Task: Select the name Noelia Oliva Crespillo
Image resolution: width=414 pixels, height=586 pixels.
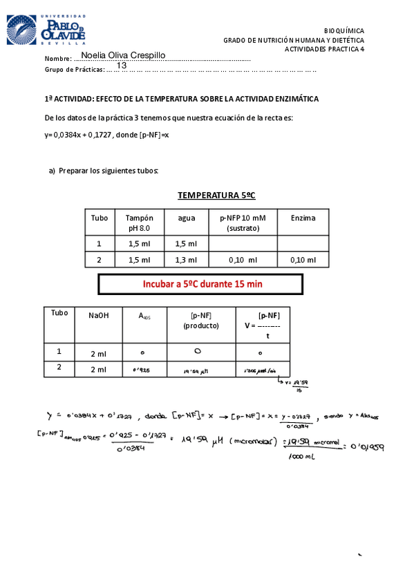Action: [x=123, y=55]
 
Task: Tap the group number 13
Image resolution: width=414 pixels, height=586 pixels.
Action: [x=122, y=66]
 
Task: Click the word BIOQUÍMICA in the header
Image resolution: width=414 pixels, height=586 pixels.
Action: [x=344, y=31]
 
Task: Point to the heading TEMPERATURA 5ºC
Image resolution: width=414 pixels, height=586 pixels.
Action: [x=216, y=196]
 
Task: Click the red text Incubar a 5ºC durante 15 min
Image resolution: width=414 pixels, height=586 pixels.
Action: [x=202, y=283]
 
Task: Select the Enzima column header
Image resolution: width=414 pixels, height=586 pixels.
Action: [x=303, y=218]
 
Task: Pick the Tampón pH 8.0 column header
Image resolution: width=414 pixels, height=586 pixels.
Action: [x=139, y=222]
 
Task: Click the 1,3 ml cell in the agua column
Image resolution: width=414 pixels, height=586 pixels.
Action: [x=186, y=260]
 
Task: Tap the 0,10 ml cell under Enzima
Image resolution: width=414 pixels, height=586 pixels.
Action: [x=303, y=260]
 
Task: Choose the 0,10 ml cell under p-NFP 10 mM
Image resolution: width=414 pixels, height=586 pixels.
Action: [x=243, y=260]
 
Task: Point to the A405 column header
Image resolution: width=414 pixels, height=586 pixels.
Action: [x=145, y=316]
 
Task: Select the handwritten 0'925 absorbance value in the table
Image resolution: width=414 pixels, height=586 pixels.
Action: [x=141, y=370]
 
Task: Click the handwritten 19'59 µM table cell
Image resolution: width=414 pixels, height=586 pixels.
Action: [x=196, y=370]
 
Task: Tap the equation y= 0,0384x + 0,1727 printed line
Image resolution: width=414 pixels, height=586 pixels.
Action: [x=106, y=135]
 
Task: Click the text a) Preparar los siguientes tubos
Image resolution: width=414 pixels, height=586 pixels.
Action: [x=104, y=171]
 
